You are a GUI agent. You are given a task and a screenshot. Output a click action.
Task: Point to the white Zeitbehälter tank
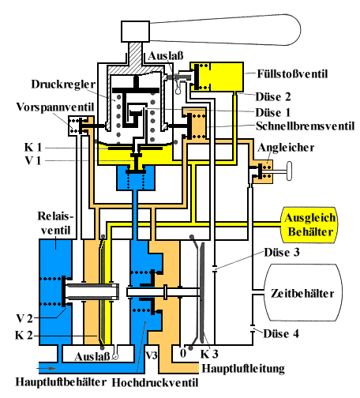click(x=302, y=293)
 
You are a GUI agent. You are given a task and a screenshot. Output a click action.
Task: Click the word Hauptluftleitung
click(x=245, y=367)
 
